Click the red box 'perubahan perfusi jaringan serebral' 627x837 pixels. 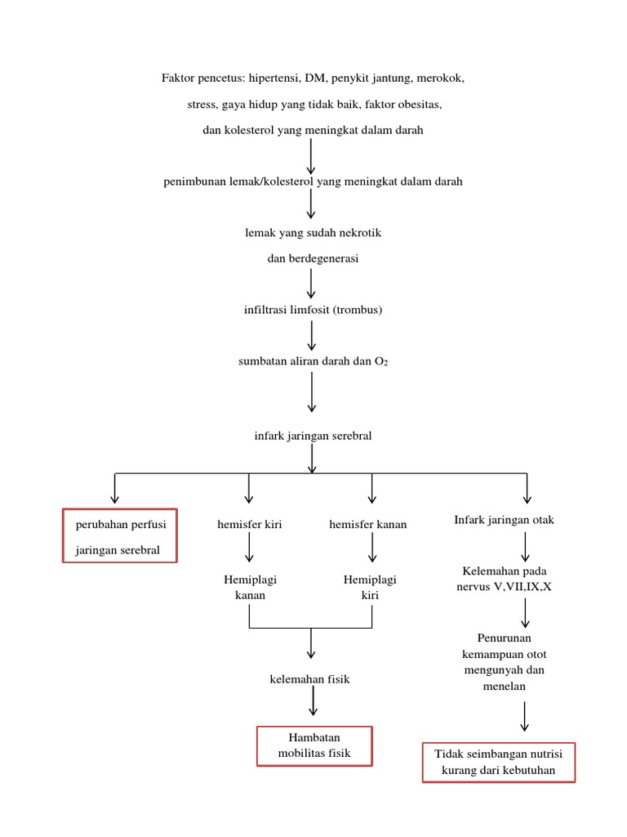pos(120,536)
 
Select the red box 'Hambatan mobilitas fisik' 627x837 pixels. pos(314,745)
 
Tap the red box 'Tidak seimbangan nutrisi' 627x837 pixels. pos(499,762)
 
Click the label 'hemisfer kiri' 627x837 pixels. pos(250,525)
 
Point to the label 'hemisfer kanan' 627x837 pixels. pos(367,525)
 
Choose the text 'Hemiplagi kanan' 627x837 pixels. pos(251,588)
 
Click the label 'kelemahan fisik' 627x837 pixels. pos(309,679)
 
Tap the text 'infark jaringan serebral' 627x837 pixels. pos(313,436)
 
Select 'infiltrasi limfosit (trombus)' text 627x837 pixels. pos(313,311)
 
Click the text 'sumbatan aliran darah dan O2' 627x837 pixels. pos(313,360)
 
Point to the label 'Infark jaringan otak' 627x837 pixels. pos(504,521)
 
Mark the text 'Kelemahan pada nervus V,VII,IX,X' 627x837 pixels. pos(504,579)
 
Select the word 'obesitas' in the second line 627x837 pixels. pos(419,105)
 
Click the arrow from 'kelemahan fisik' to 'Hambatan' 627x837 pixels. pos(312,702)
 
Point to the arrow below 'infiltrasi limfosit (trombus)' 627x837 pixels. pos(312,335)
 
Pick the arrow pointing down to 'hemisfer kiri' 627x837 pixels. pos(249,488)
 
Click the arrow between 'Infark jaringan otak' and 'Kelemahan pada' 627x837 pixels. pos(525,545)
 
